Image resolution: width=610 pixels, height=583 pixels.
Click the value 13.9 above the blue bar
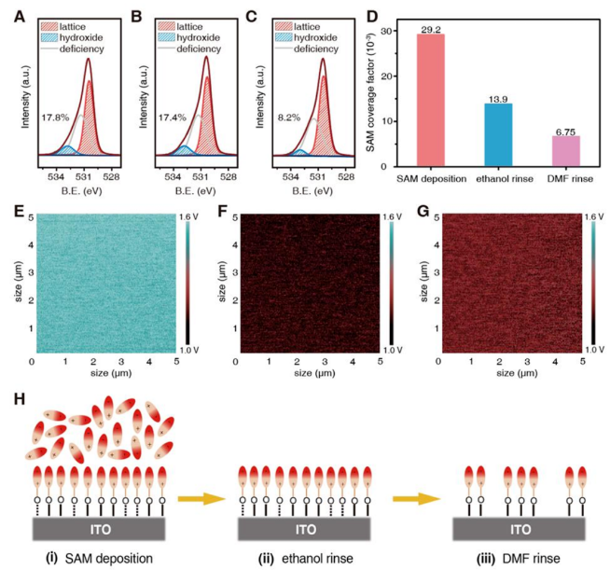[498, 97]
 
